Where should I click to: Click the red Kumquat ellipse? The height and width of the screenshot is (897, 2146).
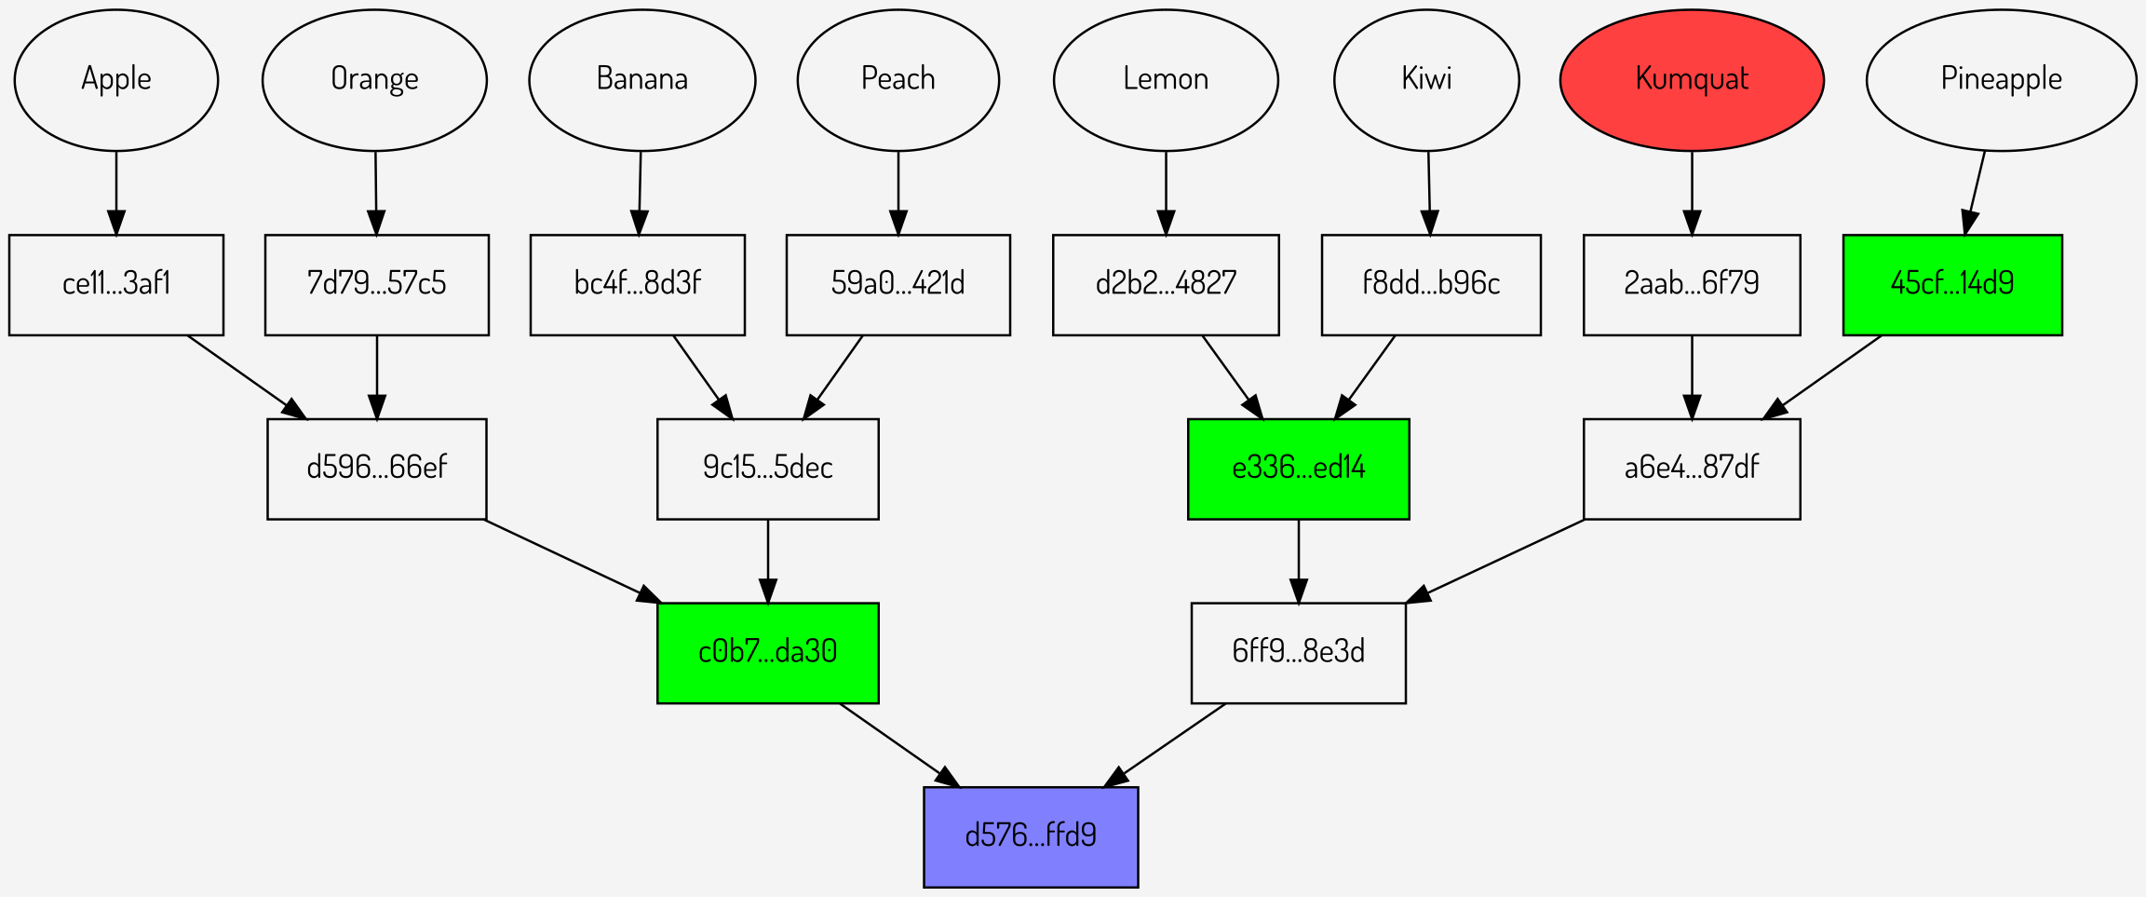(x=1692, y=80)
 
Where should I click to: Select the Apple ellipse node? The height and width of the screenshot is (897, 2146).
(x=116, y=80)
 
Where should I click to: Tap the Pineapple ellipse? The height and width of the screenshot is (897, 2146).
(x=2001, y=80)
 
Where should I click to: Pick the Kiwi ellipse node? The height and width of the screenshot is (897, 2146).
(x=1426, y=80)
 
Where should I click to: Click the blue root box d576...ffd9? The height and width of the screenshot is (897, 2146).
(x=1031, y=836)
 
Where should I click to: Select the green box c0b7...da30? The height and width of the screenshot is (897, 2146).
(x=767, y=652)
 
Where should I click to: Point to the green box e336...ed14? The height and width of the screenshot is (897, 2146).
(x=1298, y=469)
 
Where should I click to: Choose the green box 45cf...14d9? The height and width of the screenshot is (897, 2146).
(x=1952, y=284)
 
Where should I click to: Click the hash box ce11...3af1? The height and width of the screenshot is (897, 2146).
(x=116, y=284)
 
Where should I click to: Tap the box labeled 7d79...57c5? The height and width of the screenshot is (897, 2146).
(x=376, y=284)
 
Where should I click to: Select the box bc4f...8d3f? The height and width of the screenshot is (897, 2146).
(x=637, y=284)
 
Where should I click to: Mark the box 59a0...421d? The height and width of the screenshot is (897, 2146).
(x=898, y=284)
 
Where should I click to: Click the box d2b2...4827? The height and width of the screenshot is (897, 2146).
(x=1166, y=284)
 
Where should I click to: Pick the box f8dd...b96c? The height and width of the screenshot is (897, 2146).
(x=1431, y=284)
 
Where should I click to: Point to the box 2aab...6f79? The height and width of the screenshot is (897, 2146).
(x=1692, y=284)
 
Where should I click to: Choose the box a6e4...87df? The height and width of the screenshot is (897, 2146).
(x=1692, y=469)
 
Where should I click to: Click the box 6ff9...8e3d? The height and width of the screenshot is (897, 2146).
(x=1298, y=652)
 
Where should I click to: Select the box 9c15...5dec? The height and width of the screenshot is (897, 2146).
(x=767, y=469)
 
